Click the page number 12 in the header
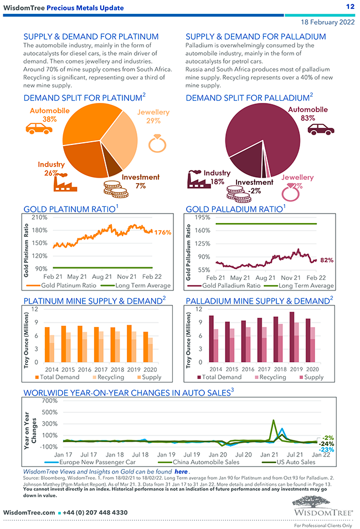pos(350,7)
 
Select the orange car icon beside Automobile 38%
pos(39,128)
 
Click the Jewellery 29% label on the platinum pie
pos(153,117)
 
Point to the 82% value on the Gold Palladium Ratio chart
pos(327,260)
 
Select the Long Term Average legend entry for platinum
pos(143,286)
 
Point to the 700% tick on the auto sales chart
pos(50,401)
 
